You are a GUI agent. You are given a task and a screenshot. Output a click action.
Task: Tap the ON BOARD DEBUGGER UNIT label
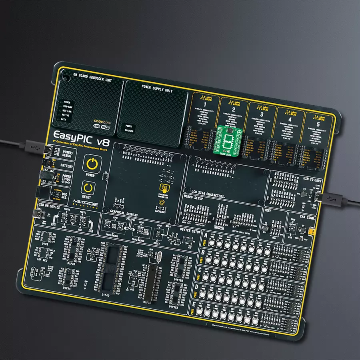click(x=92, y=76)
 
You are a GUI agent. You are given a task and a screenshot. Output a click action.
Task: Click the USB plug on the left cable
click(x=34, y=147)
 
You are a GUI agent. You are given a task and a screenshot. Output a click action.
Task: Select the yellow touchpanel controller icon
click(x=163, y=188)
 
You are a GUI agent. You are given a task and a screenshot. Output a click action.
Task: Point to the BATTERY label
click(x=66, y=165)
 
